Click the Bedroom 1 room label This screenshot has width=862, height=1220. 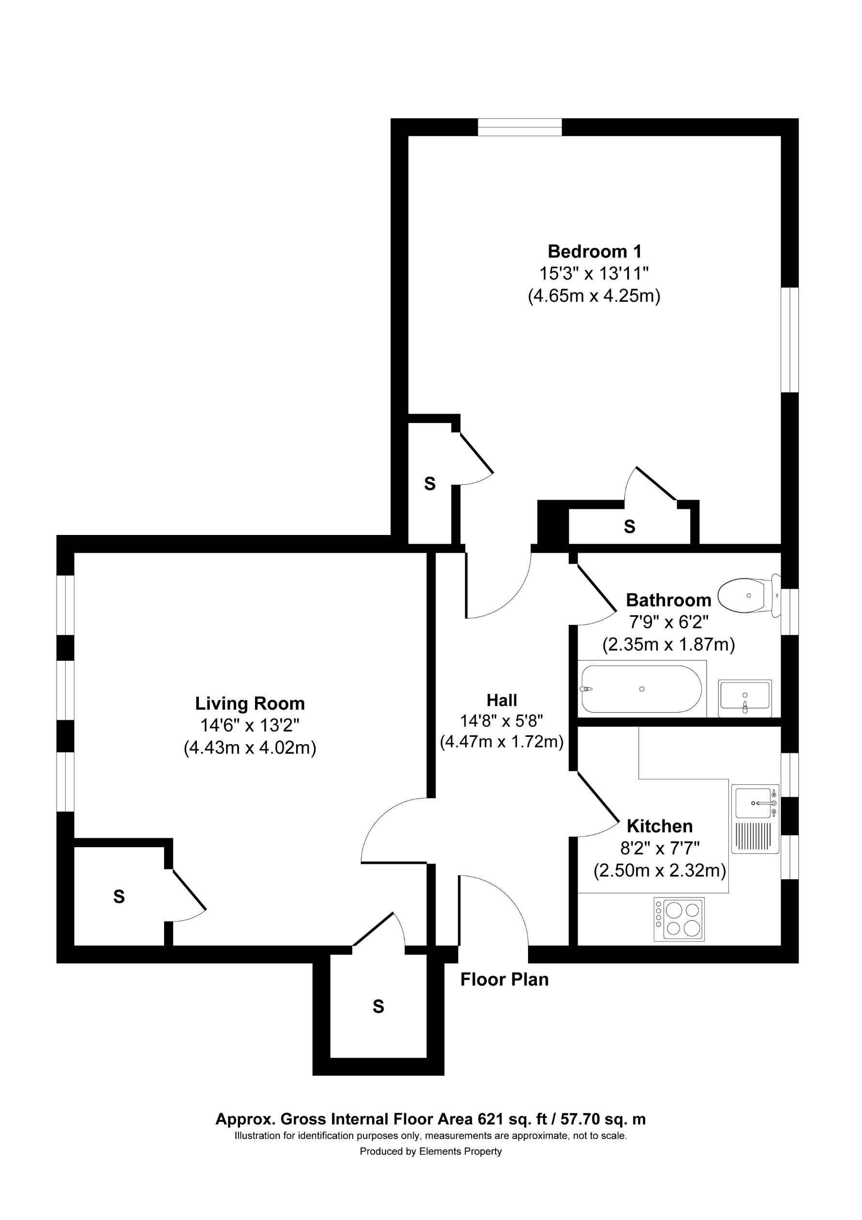tap(594, 251)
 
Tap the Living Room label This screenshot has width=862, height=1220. tap(250, 703)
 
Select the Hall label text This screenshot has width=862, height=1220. tap(501, 701)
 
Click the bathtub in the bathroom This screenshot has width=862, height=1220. tap(641, 689)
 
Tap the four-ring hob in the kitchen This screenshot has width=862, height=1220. tap(680, 919)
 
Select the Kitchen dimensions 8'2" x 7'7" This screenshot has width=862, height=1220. tap(660, 848)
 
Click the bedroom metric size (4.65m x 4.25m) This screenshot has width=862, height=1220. tap(594, 295)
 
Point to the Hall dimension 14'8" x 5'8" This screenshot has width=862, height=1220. tap(501, 721)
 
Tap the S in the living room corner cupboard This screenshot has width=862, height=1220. tap(119, 897)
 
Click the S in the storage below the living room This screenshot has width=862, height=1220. tap(378, 1006)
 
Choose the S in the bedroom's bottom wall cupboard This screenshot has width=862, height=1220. tap(629, 527)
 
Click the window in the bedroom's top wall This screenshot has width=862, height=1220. tap(519, 127)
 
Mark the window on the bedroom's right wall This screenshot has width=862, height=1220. tap(789, 340)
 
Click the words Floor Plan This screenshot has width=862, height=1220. tap(504, 979)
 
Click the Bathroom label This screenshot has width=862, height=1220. tap(668, 600)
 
